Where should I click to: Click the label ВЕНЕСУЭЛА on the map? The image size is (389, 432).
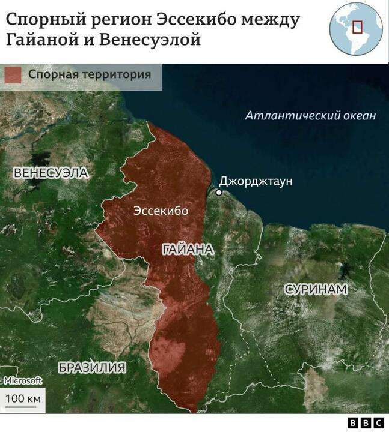pos(51,173)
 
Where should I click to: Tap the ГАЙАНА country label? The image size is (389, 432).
pos(187,250)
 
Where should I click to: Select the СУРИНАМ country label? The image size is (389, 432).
pos(316,289)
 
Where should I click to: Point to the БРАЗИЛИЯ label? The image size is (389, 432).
pos(92,368)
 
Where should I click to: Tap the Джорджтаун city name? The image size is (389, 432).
pos(256,181)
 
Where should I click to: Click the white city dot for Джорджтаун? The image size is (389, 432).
pos(219,193)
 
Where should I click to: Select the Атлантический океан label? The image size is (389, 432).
pos(310,116)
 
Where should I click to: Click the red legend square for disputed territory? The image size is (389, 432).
pos(13,75)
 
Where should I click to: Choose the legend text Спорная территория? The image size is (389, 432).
pos(88,75)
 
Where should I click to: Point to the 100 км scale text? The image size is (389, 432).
pos(23,399)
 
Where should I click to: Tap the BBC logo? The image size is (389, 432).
pos(366,423)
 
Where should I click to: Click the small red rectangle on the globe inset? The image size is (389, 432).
pos(357,27)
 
